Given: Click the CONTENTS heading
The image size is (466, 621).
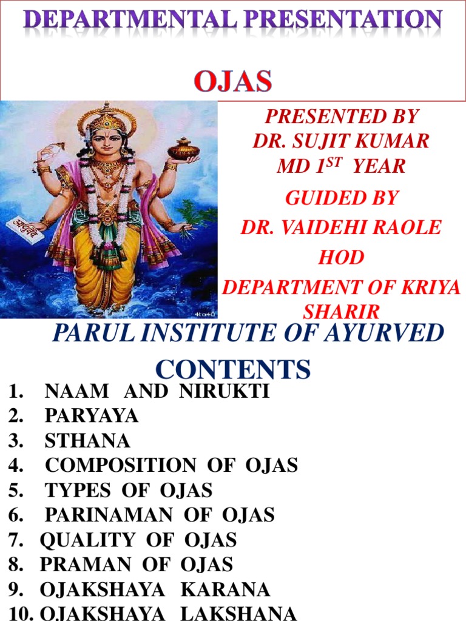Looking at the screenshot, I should tap(234, 368).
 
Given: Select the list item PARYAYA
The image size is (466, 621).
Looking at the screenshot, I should tap(92, 416).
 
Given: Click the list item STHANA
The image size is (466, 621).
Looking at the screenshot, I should tap(87, 440).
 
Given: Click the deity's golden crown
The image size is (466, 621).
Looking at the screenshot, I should tap(107, 118).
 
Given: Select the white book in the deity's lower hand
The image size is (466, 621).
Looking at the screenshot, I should tap(25, 229).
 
